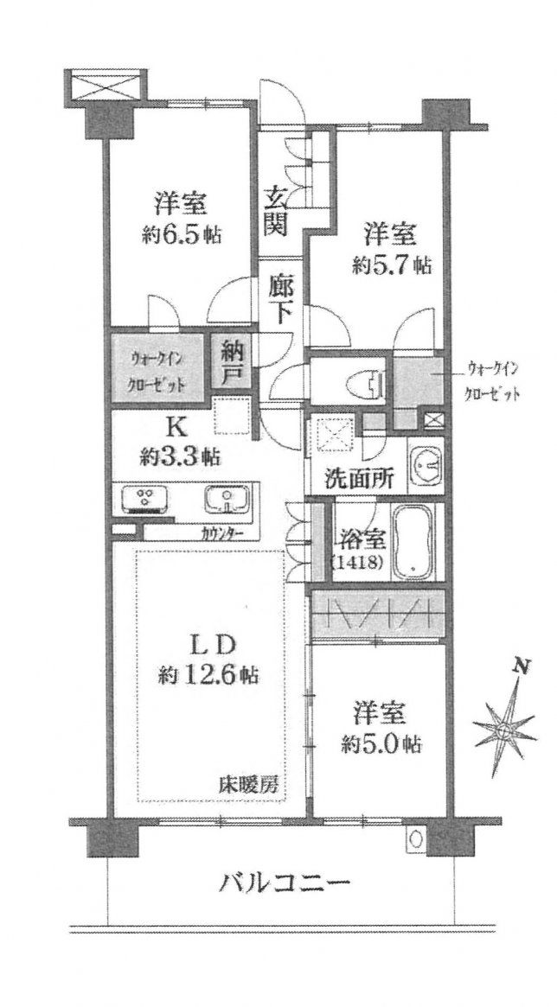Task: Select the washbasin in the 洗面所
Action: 425,466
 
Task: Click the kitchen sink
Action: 227,499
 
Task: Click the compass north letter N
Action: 523,666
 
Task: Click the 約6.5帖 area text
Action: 182,235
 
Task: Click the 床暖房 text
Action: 251,785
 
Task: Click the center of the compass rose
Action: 503,730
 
